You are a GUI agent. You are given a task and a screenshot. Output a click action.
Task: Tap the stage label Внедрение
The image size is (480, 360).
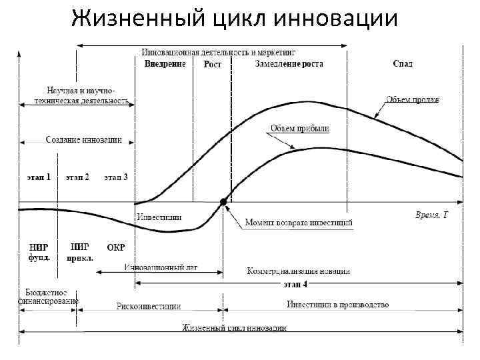pyautogui.click(x=165, y=64)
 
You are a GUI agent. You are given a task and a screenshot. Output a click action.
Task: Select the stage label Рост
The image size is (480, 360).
pyautogui.click(x=213, y=65)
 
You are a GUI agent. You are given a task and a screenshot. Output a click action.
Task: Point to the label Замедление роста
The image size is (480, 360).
pyautogui.click(x=289, y=64)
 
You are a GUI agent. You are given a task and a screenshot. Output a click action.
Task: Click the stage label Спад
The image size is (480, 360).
pyautogui.click(x=403, y=64)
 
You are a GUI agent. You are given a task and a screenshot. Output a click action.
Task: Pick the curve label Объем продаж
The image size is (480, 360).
pyautogui.click(x=413, y=100)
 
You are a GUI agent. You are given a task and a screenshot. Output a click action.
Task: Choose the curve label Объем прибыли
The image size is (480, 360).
pyautogui.click(x=299, y=128)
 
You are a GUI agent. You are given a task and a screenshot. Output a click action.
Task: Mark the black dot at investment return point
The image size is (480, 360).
pyautogui.click(x=223, y=201)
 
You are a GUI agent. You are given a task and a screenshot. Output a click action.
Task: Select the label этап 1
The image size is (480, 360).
pyautogui.click(x=39, y=177)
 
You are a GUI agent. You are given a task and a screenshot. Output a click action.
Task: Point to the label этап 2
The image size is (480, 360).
pyautogui.click(x=77, y=177)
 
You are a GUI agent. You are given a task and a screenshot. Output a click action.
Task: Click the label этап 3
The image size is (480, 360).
pyautogui.click(x=116, y=177)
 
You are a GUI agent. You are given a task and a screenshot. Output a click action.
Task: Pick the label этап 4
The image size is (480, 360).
pyautogui.click(x=295, y=284)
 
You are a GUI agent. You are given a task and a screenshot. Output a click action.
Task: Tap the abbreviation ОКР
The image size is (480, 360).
pyautogui.click(x=116, y=247)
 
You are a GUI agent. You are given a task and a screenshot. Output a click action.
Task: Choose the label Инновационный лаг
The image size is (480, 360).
pyautogui.click(x=161, y=267)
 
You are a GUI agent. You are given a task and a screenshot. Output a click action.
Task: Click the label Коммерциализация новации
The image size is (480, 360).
pyautogui.click(x=298, y=271)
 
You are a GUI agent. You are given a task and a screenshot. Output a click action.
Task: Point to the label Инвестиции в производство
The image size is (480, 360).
pyautogui.click(x=338, y=305)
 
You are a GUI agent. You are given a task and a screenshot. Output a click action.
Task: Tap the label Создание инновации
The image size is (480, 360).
pyautogui.click(x=83, y=140)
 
